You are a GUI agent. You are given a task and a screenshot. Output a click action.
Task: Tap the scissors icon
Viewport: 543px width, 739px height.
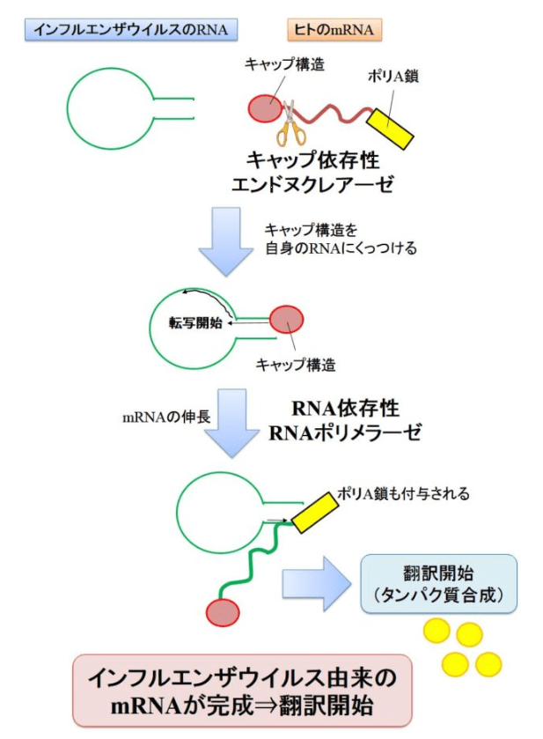click(290, 124)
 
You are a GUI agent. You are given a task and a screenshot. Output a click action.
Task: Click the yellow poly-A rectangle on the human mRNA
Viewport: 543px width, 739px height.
click(392, 129)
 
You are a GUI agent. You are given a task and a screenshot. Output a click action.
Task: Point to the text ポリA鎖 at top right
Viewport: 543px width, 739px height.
click(393, 77)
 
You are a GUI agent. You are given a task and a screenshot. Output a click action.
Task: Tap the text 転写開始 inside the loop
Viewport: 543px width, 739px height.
click(196, 322)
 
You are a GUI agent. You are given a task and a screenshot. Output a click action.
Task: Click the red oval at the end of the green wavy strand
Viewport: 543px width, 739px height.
click(223, 611)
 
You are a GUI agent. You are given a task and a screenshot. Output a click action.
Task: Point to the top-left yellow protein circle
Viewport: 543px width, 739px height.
click(437, 631)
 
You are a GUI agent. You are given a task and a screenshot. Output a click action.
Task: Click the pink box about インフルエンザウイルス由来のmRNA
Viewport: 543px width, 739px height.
click(242, 691)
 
